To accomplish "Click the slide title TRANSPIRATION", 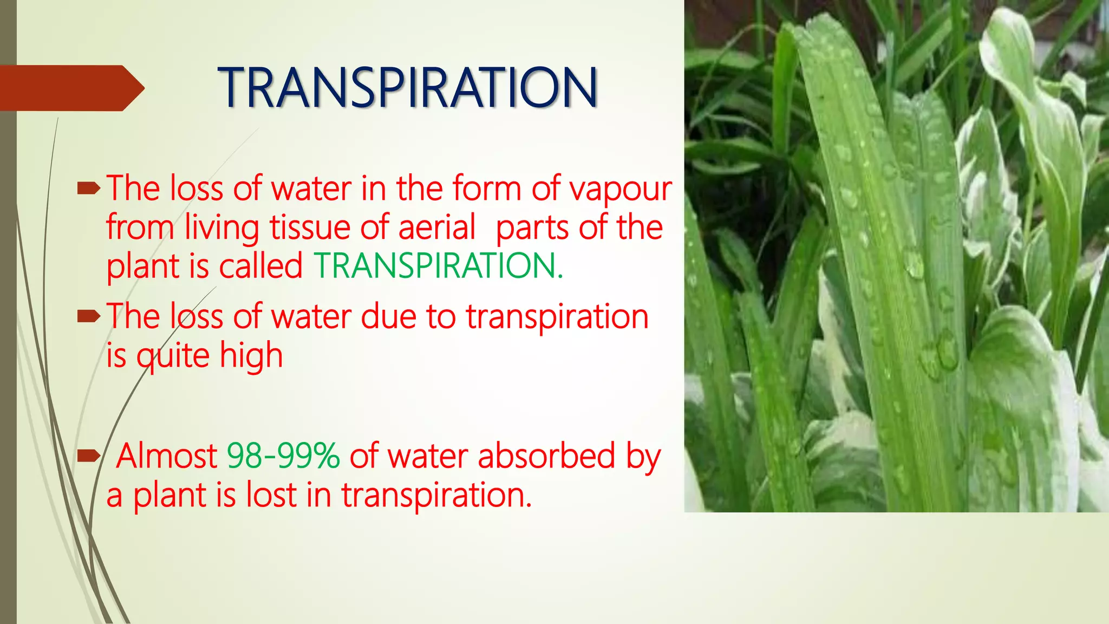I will pyautogui.click(x=407, y=88).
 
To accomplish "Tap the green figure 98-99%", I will pyautogui.click(x=283, y=456).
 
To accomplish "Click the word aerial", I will pyautogui.click(x=437, y=227).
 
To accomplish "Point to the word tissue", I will pyautogui.click(x=310, y=227).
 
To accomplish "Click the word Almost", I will pyautogui.click(x=167, y=456).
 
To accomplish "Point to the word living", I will pyautogui.click(x=222, y=228).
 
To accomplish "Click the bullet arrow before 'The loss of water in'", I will pyautogui.click(x=88, y=188).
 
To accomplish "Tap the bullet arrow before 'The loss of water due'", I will pyautogui.click(x=88, y=316).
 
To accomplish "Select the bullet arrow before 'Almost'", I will pyautogui.click(x=88, y=457).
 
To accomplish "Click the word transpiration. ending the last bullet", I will pyautogui.click(x=436, y=495).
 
